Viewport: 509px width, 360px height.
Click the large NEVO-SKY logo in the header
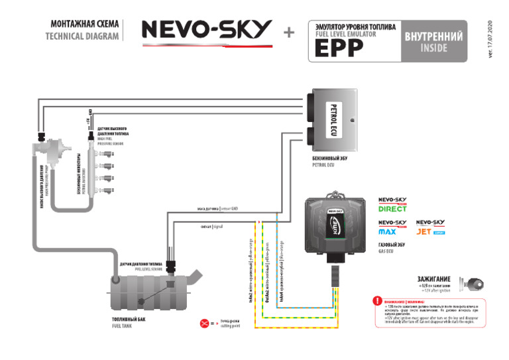(x=207, y=30)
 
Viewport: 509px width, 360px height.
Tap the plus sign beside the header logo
(x=289, y=32)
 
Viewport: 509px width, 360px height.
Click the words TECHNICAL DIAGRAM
(x=82, y=36)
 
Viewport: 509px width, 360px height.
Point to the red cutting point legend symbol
(x=205, y=323)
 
